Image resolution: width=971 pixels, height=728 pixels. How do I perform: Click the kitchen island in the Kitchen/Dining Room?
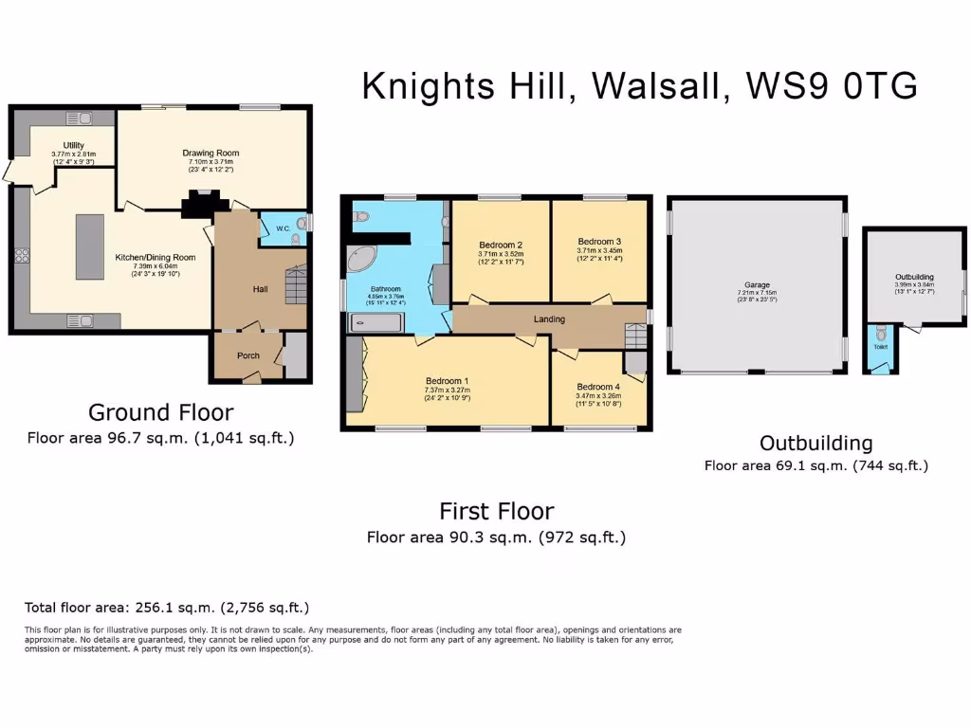[90, 246]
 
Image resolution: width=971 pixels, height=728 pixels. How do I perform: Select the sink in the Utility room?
[77, 118]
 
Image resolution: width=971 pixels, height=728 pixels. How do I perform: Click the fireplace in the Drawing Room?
[202, 202]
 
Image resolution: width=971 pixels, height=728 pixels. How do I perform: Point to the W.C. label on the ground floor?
[283, 228]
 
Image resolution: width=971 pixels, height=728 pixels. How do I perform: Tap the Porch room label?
[248, 356]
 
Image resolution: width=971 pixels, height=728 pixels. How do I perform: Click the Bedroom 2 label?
[500, 245]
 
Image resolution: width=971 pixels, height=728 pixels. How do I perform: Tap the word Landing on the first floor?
[549, 319]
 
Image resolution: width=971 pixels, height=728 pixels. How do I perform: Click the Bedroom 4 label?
[599, 387]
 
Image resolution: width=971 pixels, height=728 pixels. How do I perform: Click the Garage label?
[757, 284]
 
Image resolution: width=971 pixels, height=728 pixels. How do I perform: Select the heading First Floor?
[496, 512]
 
